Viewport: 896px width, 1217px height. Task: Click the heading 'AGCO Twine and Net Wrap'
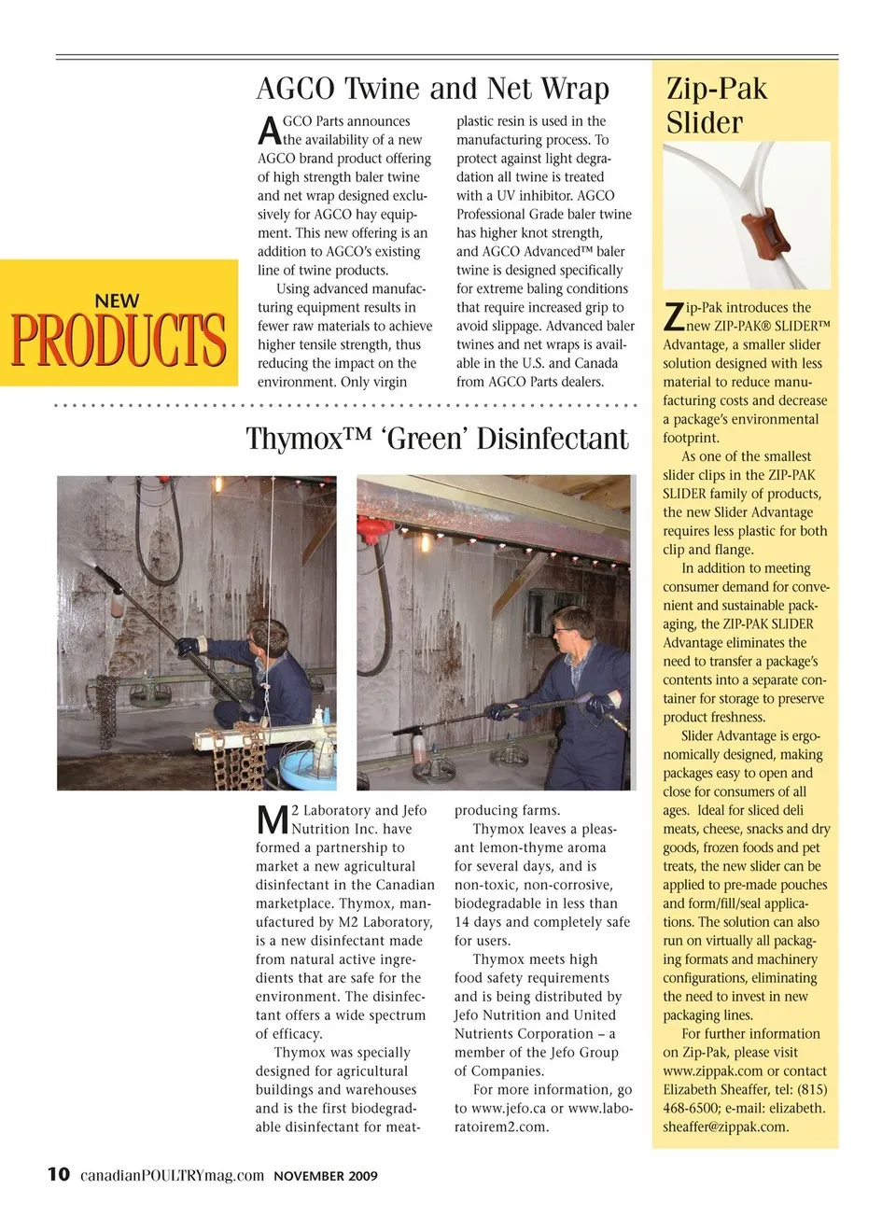(x=432, y=89)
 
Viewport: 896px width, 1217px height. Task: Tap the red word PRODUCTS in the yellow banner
(x=119, y=341)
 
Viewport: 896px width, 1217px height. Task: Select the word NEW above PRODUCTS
(x=117, y=301)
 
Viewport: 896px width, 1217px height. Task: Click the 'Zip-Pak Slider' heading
(x=717, y=105)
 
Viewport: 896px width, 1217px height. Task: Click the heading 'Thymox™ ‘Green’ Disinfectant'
(x=437, y=439)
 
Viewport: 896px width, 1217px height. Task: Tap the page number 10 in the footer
(x=58, y=1174)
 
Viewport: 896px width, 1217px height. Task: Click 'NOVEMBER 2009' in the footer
(x=326, y=1176)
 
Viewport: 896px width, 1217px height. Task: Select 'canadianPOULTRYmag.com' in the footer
(x=172, y=1175)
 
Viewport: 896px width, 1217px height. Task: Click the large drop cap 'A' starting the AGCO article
(x=268, y=131)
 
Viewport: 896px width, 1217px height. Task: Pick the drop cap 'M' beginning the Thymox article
(x=273, y=820)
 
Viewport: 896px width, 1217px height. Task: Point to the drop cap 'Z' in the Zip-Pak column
(x=673, y=317)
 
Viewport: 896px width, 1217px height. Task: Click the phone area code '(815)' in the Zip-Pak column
(x=812, y=1090)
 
